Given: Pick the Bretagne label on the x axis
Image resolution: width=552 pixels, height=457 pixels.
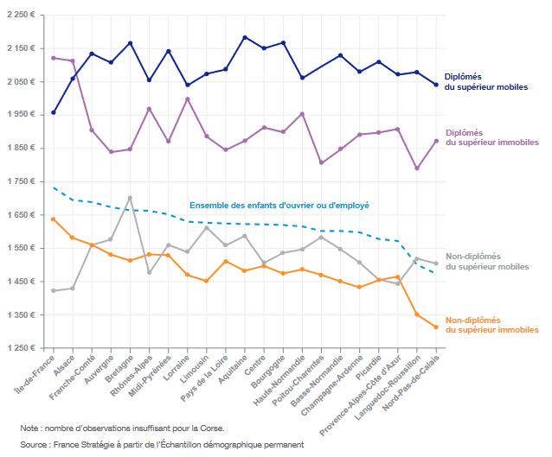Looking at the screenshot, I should pos(117,369).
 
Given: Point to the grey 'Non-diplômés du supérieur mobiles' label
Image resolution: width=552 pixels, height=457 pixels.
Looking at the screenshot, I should pos(491,261).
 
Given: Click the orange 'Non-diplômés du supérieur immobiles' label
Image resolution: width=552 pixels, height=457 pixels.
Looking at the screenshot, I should pos(491,324).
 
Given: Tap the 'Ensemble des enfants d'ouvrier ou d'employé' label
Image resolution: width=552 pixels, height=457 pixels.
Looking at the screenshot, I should pos(279,206).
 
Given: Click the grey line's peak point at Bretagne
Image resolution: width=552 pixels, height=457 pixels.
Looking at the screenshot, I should pos(130,198).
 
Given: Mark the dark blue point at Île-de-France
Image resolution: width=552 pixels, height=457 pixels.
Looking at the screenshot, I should pos(54,112).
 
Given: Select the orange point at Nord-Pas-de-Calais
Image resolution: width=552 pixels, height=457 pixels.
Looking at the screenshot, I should pos(436,327).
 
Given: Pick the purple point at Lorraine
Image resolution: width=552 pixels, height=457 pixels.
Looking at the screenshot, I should pos(188,99).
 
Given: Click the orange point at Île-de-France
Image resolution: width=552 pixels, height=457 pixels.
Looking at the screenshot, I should pos(54,219).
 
